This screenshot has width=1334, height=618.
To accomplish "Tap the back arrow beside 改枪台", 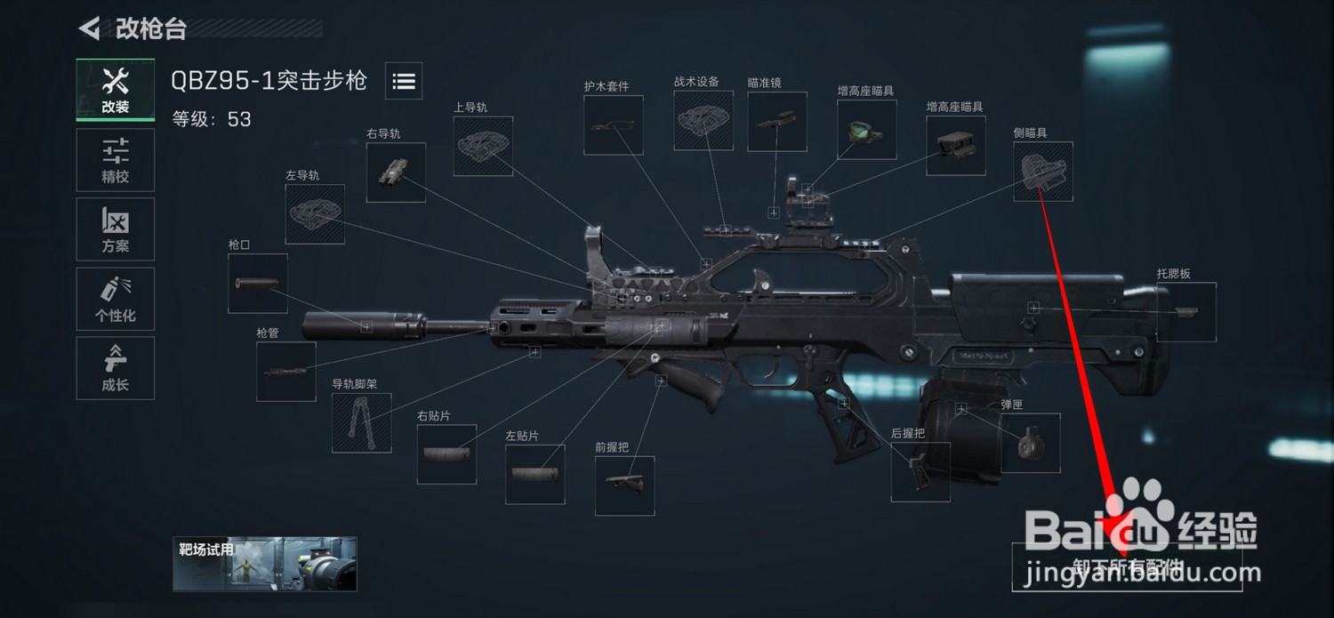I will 89,28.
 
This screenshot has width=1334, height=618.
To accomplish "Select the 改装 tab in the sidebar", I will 116,90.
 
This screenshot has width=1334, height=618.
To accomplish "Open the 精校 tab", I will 116,160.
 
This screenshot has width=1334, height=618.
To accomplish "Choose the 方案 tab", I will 116,229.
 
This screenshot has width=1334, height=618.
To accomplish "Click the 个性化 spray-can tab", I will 116,299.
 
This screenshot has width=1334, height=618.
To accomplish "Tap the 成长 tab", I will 116,368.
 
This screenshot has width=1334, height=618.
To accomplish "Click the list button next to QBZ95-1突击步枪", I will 404,82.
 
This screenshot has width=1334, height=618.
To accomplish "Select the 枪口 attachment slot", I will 258,283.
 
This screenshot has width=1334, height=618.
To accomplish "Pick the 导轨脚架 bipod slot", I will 362,422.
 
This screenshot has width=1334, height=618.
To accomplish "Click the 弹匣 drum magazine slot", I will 1031,443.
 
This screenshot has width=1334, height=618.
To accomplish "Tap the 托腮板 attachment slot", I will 1185,311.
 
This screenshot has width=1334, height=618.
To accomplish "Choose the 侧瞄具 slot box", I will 1043,171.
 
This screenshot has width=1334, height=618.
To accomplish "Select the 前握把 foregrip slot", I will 624,486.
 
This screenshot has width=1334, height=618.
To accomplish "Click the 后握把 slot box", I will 920,471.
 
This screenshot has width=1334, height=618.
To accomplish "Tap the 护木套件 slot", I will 614,125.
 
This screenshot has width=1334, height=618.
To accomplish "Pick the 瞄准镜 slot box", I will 777,122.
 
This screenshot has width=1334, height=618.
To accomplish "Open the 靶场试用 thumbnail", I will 265,564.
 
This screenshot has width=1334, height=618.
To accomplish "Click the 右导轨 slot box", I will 396,172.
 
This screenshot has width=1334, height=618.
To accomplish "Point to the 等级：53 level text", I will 212,119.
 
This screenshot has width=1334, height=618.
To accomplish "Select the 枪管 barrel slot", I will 286,371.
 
